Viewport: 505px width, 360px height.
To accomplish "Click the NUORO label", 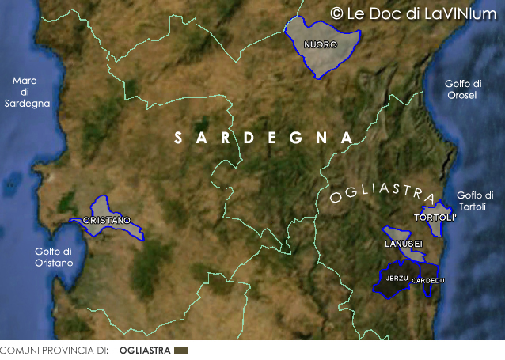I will click(x=321, y=44).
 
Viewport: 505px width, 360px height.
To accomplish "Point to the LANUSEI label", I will click(x=404, y=243).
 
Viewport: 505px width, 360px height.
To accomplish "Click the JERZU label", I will click(x=397, y=279).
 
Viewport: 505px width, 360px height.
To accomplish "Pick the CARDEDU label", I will click(x=428, y=281).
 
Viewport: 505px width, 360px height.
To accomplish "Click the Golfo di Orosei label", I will click(x=462, y=89).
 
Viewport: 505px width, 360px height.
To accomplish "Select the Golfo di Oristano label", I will click(x=54, y=257).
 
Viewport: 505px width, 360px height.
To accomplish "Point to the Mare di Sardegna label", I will click(x=27, y=92).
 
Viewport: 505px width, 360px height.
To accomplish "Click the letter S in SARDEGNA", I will click(x=180, y=138).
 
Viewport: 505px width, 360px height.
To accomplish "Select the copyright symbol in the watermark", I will click(x=336, y=13).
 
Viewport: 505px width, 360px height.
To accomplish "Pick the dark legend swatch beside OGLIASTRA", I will click(x=181, y=350).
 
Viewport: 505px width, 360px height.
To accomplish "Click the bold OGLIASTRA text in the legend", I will click(x=145, y=350).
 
